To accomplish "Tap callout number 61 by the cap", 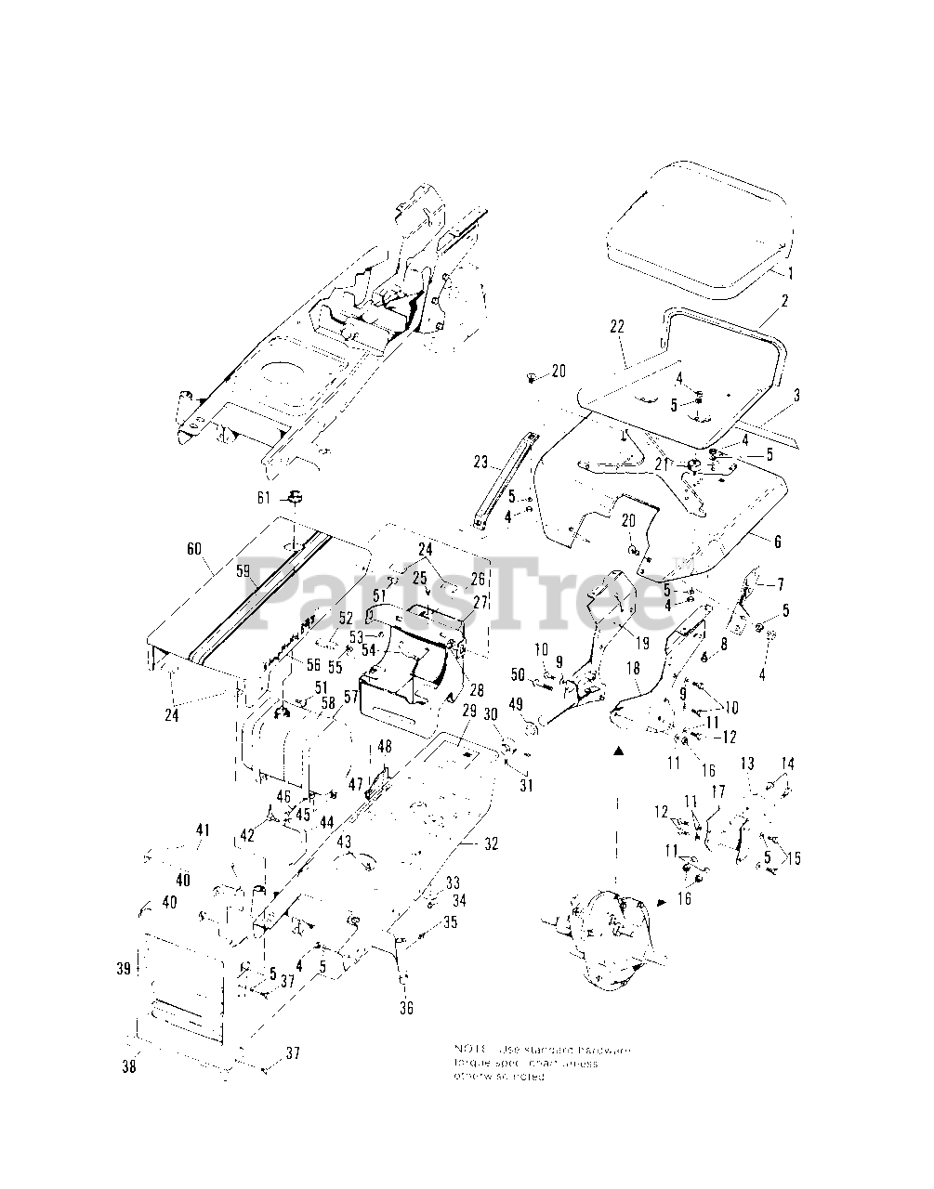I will click(x=264, y=499).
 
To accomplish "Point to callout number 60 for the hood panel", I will click(x=194, y=549).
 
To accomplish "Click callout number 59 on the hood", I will click(x=242, y=572).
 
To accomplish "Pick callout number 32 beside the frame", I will click(x=492, y=843).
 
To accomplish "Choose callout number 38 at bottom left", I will click(x=128, y=1067).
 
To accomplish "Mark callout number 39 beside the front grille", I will click(x=124, y=968).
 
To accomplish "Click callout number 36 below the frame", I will click(x=406, y=1008).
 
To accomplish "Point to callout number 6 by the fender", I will click(x=777, y=542).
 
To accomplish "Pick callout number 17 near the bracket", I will click(x=717, y=791).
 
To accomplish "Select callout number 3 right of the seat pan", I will click(x=796, y=394).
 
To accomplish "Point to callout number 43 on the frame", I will click(x=344, y=841).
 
